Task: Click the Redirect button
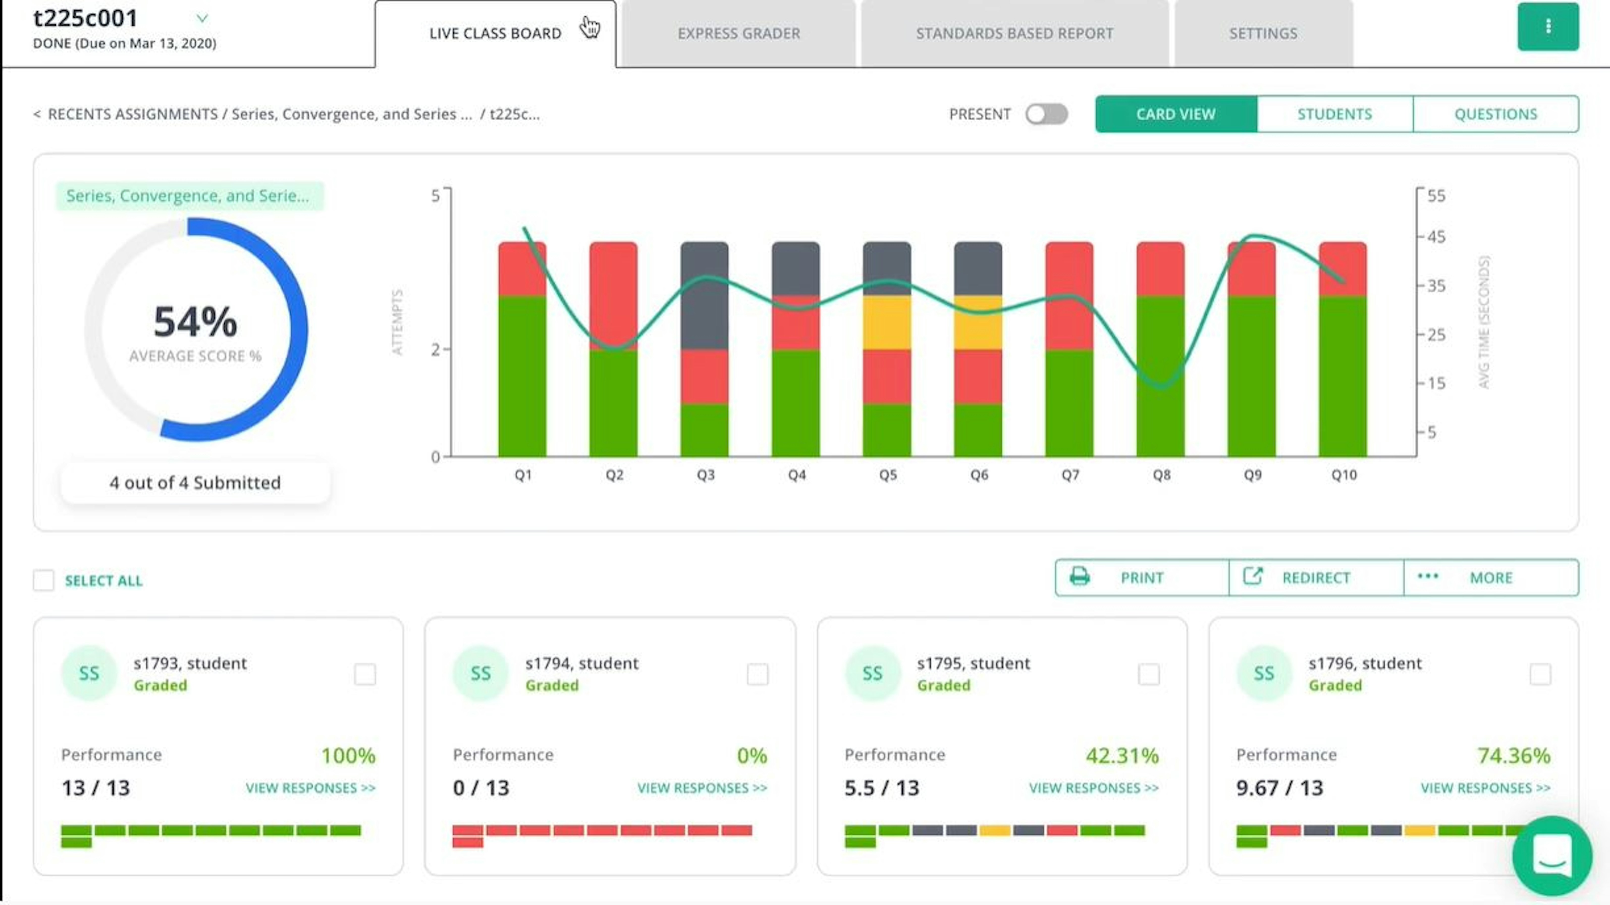1316,577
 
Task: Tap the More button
1491,577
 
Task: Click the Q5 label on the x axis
888,475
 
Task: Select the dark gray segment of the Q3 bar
704,295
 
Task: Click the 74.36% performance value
1513,756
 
